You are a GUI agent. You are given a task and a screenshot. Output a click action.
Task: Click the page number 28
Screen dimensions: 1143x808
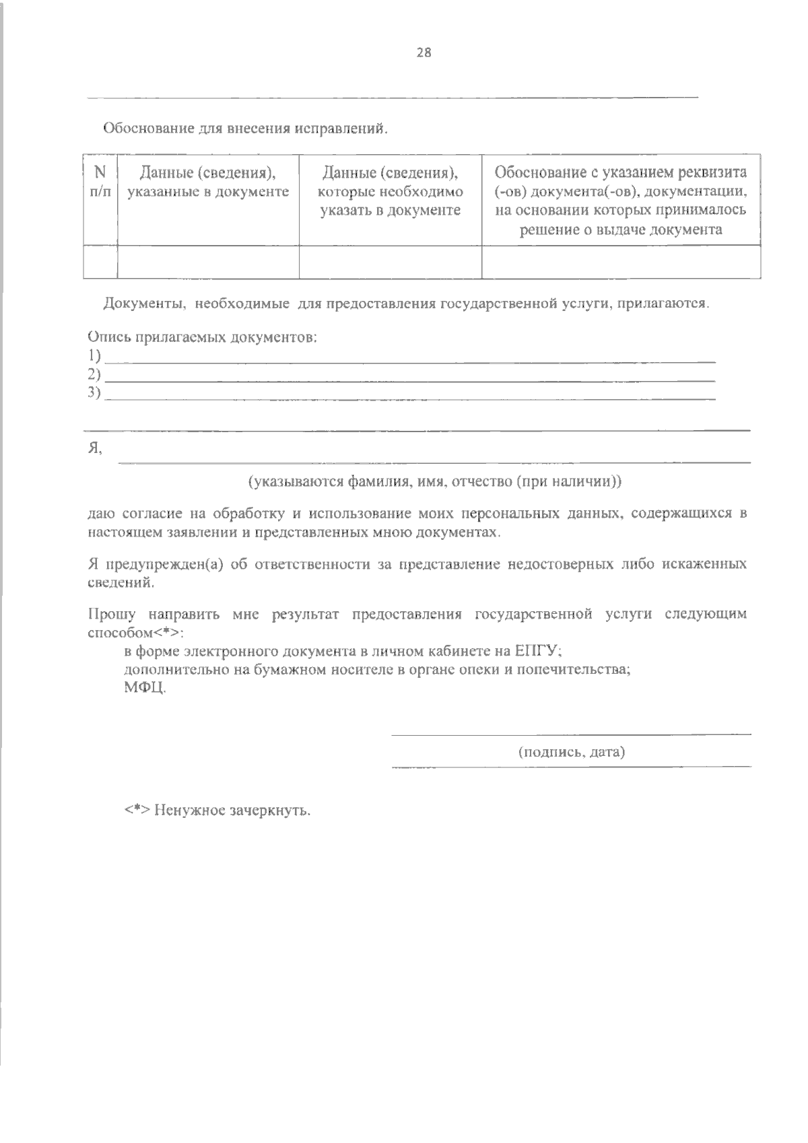point(424,54)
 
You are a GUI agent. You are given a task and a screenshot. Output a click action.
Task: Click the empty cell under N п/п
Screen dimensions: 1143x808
point(100,262)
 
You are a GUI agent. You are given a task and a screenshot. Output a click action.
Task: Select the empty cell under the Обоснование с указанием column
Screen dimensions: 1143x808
point(621,262)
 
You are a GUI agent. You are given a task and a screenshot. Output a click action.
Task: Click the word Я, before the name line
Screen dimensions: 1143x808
point(95,450)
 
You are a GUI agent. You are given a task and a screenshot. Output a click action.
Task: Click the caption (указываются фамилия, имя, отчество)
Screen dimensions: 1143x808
point(434,482)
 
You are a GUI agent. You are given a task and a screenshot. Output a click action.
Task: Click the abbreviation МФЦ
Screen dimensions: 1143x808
point(144,689)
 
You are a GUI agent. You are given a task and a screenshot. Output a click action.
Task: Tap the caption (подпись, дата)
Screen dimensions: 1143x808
point(571,752)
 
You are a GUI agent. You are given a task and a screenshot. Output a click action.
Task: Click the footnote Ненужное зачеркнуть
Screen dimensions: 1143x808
point(232,810)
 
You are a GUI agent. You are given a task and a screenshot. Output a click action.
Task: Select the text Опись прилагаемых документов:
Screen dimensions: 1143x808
point(202,337)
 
